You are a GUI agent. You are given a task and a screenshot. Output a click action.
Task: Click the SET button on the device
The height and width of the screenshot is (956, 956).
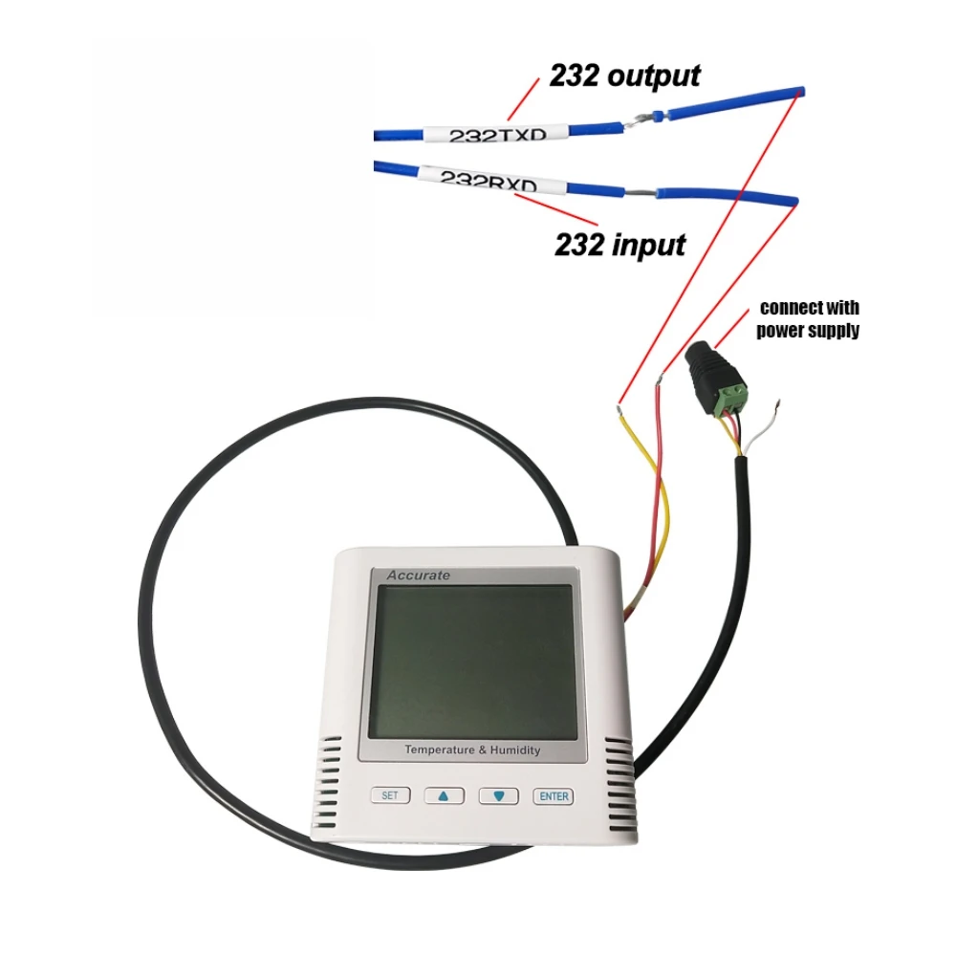pos(389,794)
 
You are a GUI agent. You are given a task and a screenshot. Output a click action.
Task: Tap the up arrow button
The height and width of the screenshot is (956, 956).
pos(444,795)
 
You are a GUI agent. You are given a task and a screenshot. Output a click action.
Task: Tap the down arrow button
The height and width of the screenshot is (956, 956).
pos(498,795)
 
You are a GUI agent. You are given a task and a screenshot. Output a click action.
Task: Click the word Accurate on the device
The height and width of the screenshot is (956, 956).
pos(418,576)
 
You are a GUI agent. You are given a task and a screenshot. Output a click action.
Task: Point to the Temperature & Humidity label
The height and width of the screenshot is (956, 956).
pos(471,750)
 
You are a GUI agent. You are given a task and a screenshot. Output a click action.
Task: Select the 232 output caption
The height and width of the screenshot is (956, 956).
pos(624,76)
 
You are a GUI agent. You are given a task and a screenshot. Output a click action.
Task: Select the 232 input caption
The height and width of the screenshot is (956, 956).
pos(619,245)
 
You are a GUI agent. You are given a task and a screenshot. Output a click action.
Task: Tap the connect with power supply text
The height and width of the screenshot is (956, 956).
pos(808,319)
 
